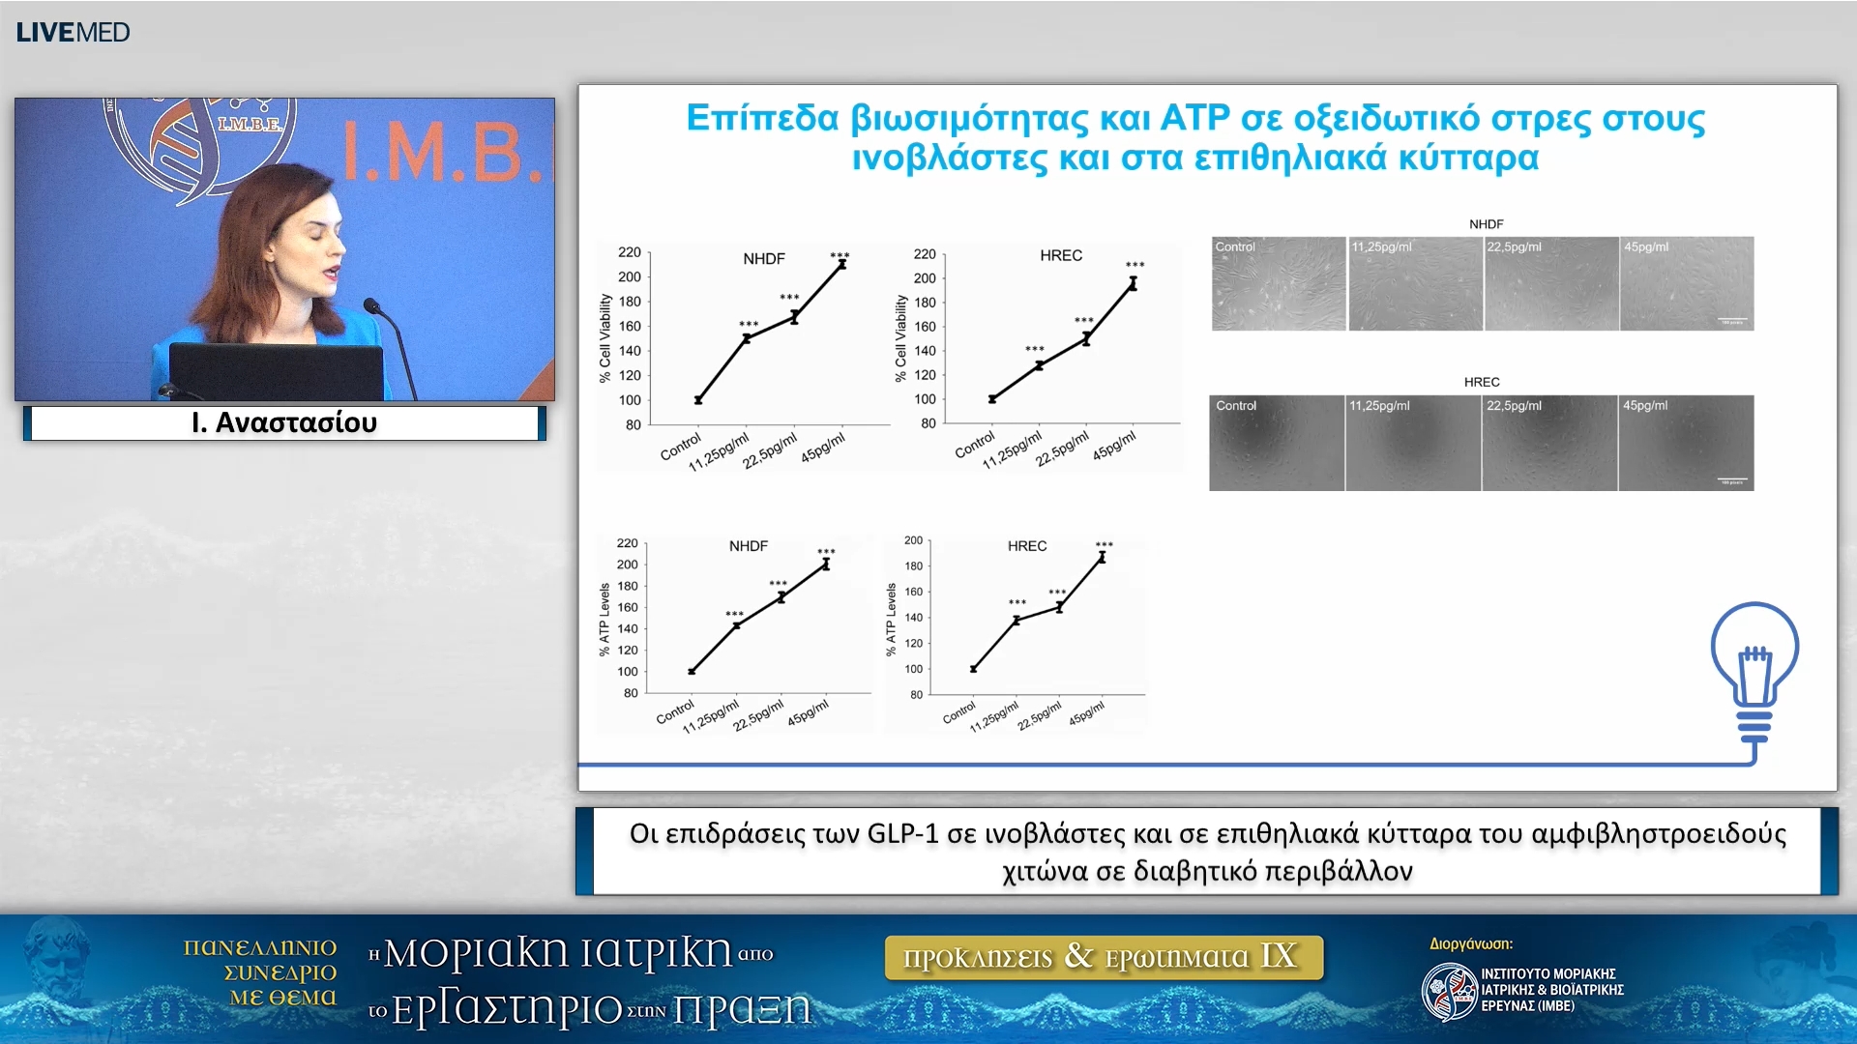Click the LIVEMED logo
(x=73, y=32)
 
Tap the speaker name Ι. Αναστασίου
(x=284, y=422)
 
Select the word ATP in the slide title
(x=1194, y=118)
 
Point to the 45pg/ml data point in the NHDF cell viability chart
(x=841, y=263)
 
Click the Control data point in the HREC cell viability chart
(x=992, y=398)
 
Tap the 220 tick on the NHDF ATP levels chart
(x=627, y=543)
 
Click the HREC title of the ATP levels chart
(x=1026, y=546)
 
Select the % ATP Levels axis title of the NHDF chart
(x=604, y=619)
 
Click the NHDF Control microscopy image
(x=1278, y=284)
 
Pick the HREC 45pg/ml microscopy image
(x=1685, y=443)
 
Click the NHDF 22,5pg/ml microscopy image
(x=1550, y=284)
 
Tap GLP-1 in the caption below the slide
(x=901, y=833)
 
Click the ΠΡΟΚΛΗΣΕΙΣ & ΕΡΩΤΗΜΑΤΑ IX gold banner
(x=1103, y=957)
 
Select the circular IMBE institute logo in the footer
(x=1448, y=992)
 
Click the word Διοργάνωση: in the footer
(x=1470, y=943)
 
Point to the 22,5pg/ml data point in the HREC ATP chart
(x=1059, y=607)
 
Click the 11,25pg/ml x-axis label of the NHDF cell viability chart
(x=719, y=452)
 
